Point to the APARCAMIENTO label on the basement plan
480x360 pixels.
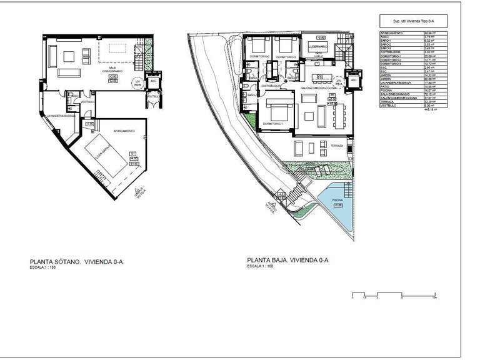click(x=124, y=131)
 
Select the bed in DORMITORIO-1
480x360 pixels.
click(x=277, y=112)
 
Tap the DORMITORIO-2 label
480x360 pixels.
click(x=259, y=57)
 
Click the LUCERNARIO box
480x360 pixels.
click(x=319, y=46)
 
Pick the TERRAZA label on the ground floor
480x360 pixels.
click(x=337, y=146)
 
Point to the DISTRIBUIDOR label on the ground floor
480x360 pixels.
click(x=267, y=85)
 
